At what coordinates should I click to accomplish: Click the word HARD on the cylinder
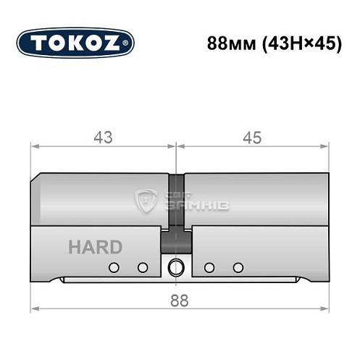point(95,247)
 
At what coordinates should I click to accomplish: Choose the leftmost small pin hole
point(113,268)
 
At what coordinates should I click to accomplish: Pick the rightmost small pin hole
point(237,268)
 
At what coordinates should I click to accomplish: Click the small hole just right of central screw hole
point(209,268)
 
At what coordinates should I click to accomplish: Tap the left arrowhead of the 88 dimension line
point(33,309)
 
